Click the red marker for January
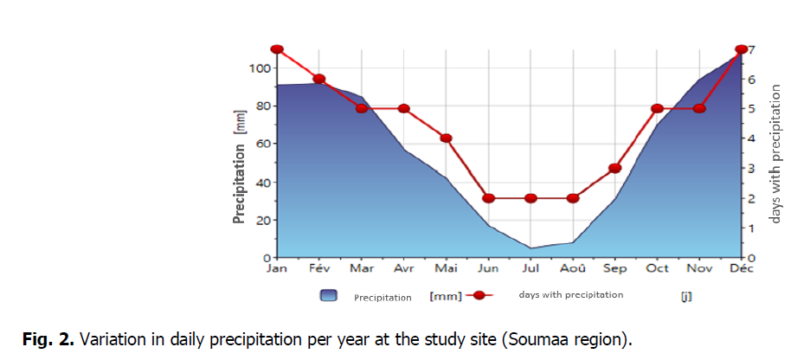(277, 49)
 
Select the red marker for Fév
(319, 79)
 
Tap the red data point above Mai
(447, 138)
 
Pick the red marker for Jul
(531, 198)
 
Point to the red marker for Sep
(615, 168)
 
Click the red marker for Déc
(741, 49)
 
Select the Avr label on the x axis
(403, 268)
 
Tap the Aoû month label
(572, 268)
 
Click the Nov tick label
(699, 268)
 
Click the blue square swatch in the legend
(328, 296)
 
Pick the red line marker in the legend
(479, 296)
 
